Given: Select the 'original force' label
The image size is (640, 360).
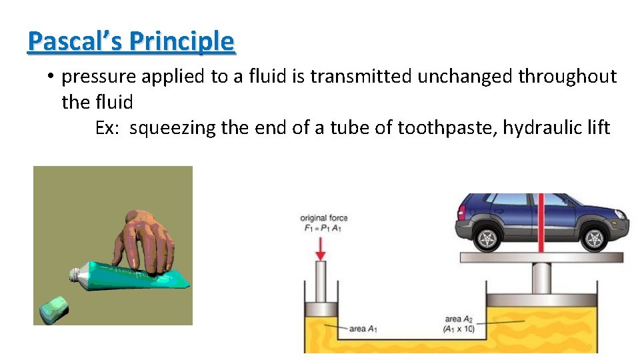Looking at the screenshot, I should coord(324,218).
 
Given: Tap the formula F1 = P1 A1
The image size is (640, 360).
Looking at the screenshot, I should coord(322,229).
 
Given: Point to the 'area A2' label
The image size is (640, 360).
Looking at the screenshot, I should coord(459,319).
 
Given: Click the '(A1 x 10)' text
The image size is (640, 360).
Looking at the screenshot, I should coord(458,329).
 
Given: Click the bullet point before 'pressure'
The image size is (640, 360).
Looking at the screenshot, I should coord(51,77).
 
